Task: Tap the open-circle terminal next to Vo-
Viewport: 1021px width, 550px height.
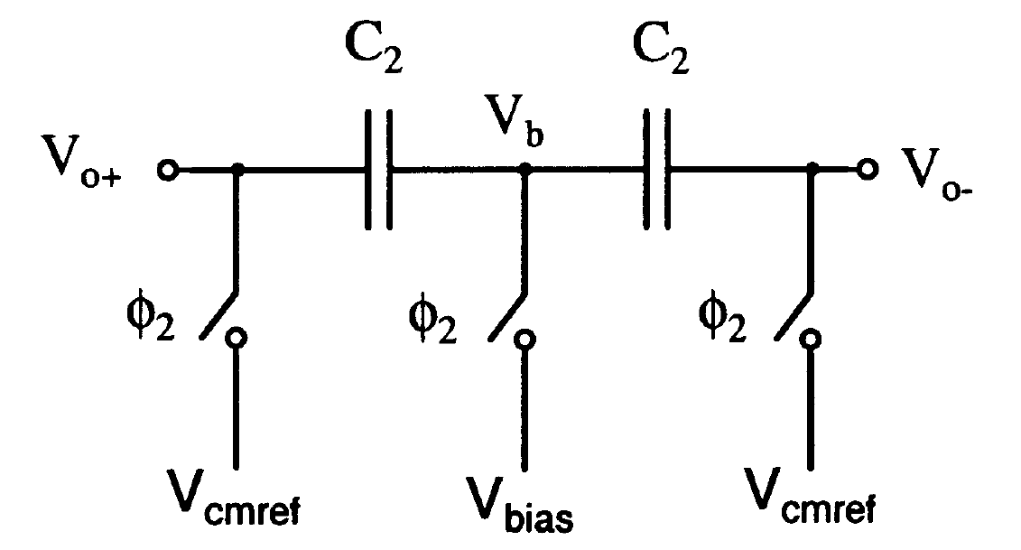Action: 867,169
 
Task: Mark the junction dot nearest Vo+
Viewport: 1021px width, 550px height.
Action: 237,169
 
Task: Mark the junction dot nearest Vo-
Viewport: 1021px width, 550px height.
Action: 812,169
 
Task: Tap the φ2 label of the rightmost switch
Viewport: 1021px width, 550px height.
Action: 722,321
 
